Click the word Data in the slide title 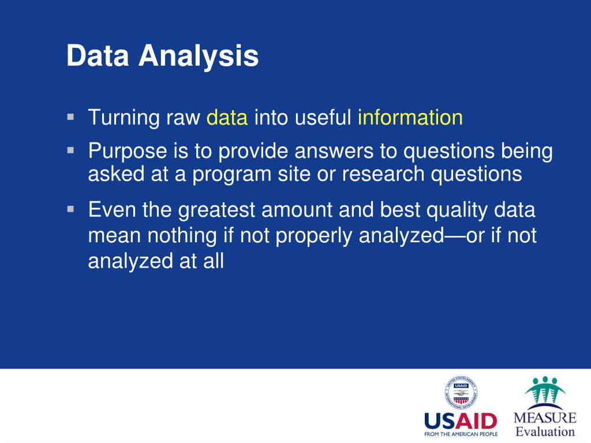click(x=98, y=56)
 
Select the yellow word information click(x=410, y=117)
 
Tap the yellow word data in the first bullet click(x=227, y=117)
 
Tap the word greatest click(x=216, y=211)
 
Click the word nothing click(x=182, y=236)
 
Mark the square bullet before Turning click(x=70, y=117)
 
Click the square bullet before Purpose click(x=70, y=151)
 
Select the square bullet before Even click(x=70, y=209)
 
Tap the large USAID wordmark click(x=461, y=421)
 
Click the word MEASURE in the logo click(x=545, y=418)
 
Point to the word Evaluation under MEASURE click(x=545, y=431)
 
